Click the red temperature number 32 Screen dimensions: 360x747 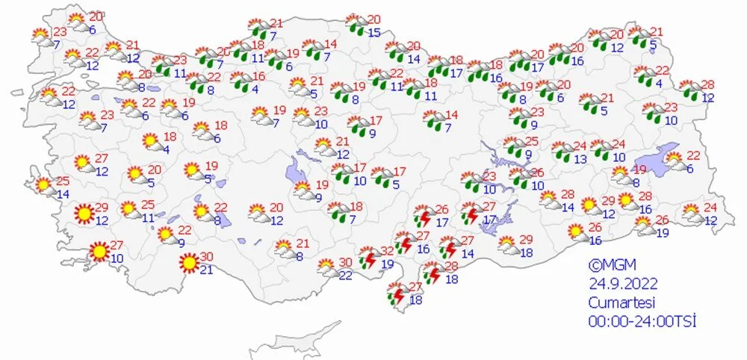[387, 250]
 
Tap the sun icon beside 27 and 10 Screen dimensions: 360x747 [98, 252]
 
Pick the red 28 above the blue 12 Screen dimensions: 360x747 [708, 84]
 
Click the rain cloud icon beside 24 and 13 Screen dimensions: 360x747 [562, 151]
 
